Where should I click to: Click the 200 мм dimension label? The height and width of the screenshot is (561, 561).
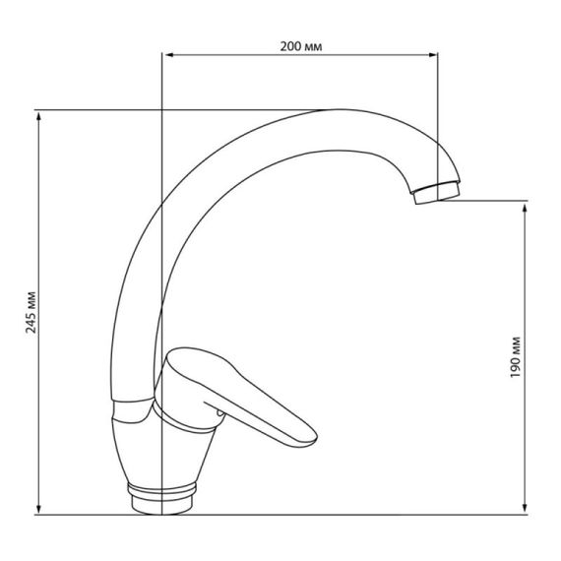(301, 46)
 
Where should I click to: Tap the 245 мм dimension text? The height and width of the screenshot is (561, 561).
(31, 312)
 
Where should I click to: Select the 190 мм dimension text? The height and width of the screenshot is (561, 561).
(515, 357)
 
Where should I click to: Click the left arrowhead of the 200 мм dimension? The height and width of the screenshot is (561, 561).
(167, 55)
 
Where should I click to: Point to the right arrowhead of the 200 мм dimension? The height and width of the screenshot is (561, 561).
(433, 55)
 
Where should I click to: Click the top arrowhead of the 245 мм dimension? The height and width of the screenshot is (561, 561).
(39, 115)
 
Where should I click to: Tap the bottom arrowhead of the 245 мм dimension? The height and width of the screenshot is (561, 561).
(39, 509)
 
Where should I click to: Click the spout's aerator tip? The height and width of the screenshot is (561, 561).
(436, 193)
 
